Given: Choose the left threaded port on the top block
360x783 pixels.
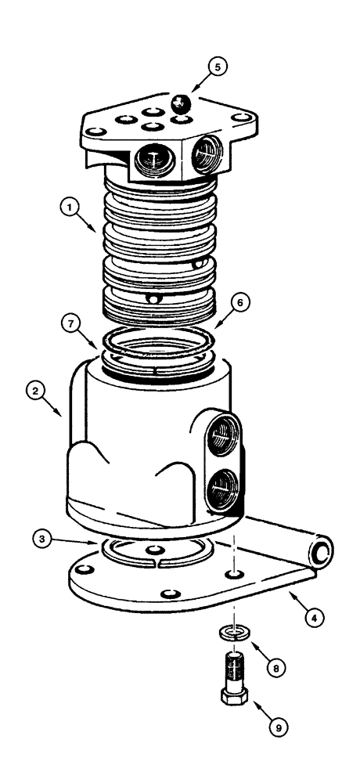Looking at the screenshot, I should [148, 162].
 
